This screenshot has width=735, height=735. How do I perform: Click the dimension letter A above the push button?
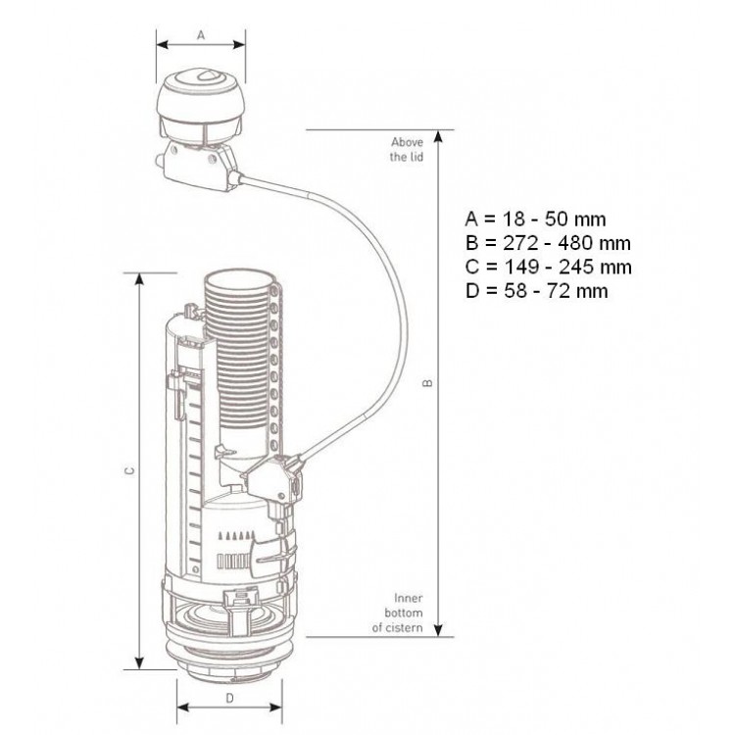[x=201, y=35]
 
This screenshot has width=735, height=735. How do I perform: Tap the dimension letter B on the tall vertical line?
[x=427, y=383]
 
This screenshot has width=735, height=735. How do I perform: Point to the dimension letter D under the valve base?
[x=229, y=699]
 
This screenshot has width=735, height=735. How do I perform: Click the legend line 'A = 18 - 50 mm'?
[x=535, y=219]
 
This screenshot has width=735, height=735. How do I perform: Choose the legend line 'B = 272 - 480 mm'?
[x=548, y=243]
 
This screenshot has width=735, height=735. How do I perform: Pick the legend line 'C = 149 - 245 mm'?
[x=549, y=267]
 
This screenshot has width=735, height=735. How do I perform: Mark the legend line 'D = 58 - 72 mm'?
[x=537, y=291]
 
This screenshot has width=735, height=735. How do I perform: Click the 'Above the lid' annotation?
[x=407, y=149]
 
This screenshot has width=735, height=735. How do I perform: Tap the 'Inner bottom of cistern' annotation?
[x=398, y=612]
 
